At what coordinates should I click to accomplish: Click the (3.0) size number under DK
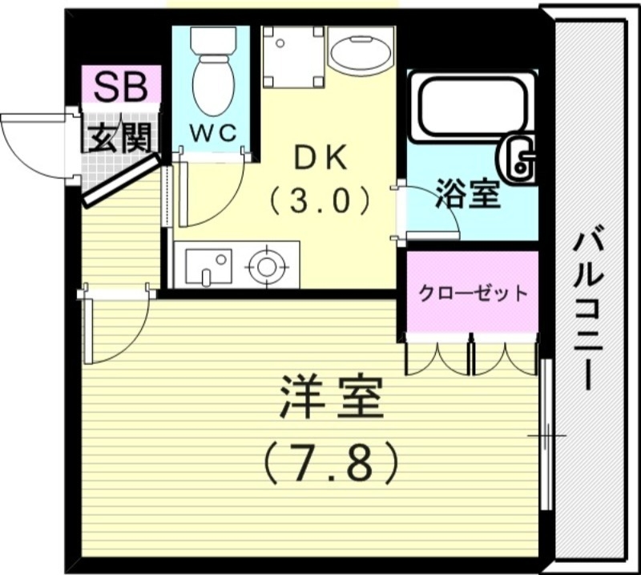(320, 199)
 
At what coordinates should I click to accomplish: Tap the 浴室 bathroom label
(468, 194)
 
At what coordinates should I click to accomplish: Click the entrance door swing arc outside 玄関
(32, 144)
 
